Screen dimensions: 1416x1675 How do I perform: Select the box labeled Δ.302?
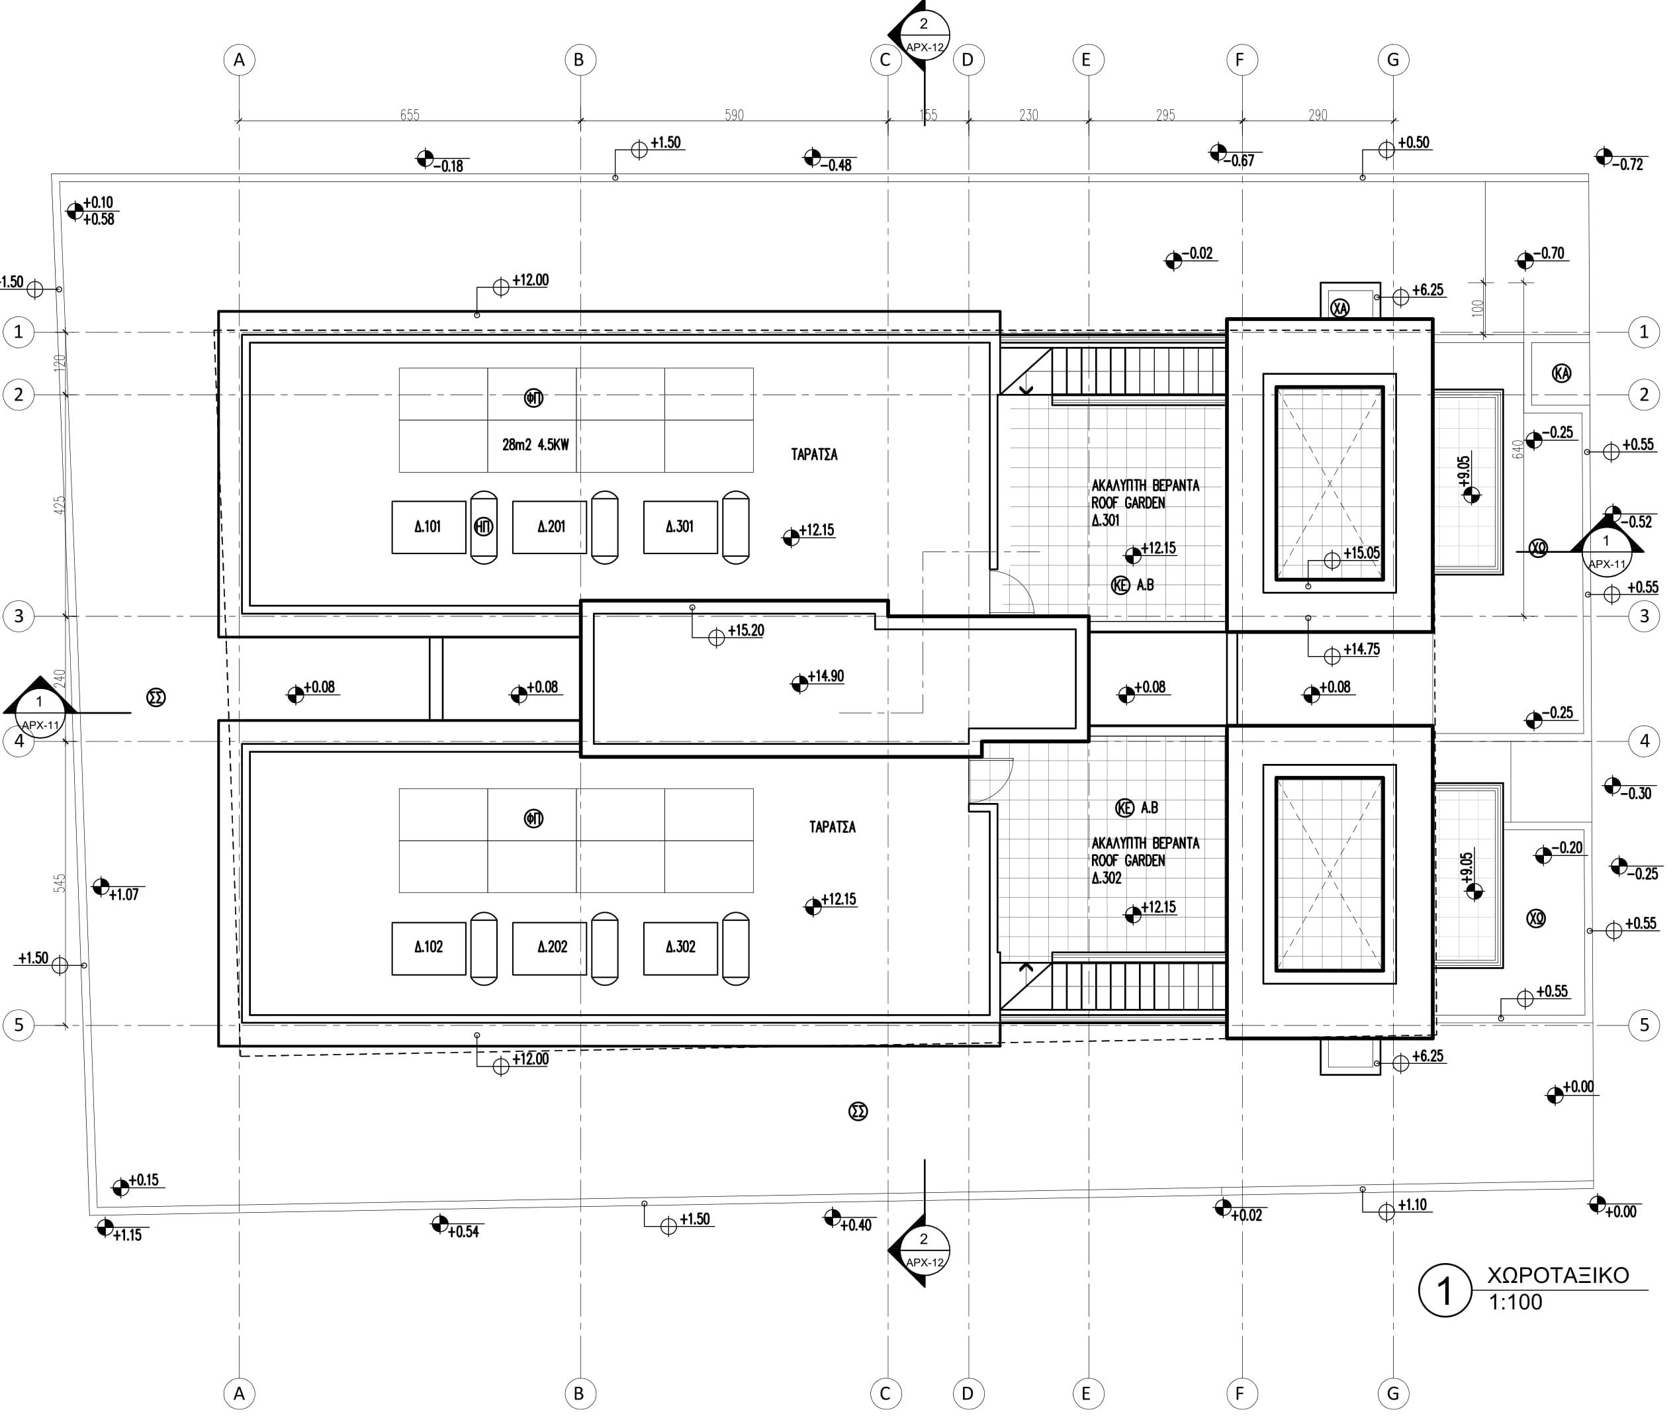680,947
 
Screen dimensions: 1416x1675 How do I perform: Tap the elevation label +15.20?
746,630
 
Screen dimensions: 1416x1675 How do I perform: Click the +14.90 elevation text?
825,676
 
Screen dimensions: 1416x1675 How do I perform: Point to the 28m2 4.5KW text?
535,444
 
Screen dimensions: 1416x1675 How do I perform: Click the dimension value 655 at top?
410,115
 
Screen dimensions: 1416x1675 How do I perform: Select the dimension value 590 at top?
733,115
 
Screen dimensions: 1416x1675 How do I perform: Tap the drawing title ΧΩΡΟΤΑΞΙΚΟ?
1558,1276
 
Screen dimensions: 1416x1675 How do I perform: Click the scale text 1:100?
1516,1302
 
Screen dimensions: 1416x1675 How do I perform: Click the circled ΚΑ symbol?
1561,373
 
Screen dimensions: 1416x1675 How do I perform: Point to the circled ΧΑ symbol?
1339,308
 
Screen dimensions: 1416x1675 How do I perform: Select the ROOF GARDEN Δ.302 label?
1144,861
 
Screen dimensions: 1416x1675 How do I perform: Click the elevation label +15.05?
1361,552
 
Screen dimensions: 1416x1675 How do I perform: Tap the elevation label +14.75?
1361,649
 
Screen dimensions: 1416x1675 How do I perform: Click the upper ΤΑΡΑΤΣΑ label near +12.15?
814,454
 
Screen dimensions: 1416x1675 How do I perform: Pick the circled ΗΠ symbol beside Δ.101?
484,526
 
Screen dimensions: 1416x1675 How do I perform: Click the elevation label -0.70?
1551,253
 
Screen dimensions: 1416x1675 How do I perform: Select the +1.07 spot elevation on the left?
124,894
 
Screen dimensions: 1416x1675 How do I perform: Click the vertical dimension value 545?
60,883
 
